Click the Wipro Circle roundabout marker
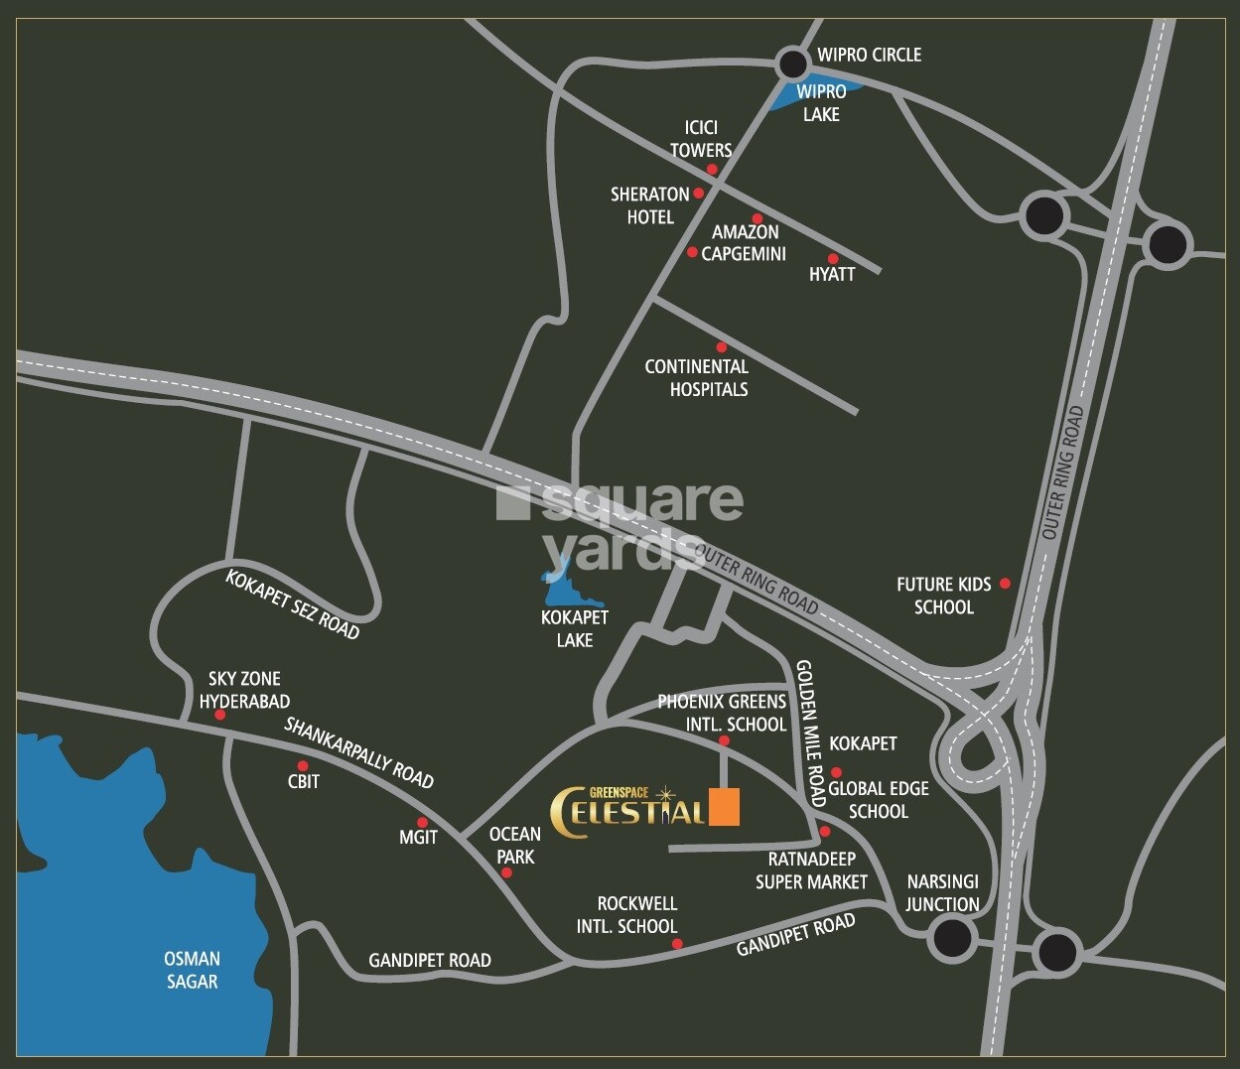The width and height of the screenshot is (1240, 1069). tap(793, 65)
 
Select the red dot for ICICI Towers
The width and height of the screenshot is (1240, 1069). tap(712, 170)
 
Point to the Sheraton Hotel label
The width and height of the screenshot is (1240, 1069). tap(649, 205)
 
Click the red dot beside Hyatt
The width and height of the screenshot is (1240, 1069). tap(833, 259)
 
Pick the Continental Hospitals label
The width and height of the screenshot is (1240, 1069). tap(696, 378)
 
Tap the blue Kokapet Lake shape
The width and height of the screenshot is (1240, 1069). tap(568, 592)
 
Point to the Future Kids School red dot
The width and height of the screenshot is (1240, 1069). tap(1005, 584)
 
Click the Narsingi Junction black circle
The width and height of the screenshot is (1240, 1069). tap(952, 937)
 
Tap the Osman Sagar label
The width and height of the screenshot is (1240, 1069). tap(192, 970)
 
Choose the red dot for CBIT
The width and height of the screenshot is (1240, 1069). tap(303, 765)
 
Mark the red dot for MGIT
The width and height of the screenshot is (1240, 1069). tap(422, 822)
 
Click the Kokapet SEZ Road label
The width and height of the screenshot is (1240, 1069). tap(292, 604)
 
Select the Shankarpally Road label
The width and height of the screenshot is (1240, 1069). tap(358, 752)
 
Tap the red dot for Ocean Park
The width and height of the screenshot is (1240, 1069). tap(506, 873)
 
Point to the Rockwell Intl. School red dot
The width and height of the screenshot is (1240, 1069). tap(677, 944)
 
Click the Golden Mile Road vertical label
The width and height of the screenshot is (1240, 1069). tap(810, 733)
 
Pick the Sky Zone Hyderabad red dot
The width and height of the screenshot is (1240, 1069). tap(220, 715)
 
